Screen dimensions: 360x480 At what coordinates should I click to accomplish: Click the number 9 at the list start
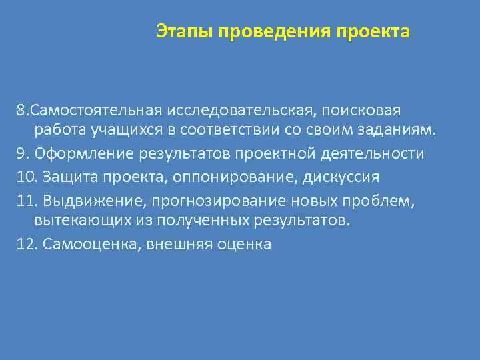pos(22,154)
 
